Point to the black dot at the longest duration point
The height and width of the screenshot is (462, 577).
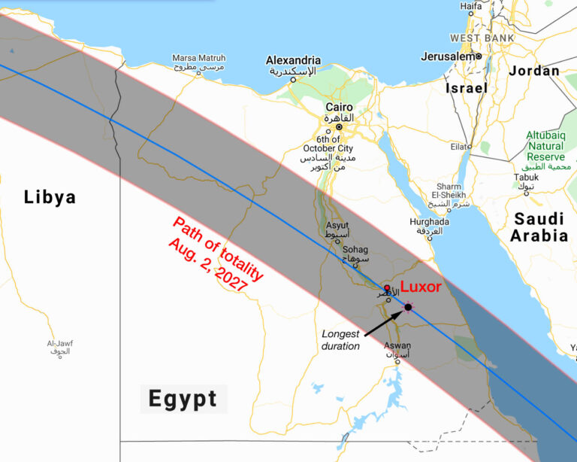408,306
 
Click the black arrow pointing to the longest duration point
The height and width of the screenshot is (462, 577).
383,320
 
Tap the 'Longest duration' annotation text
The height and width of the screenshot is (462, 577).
340,339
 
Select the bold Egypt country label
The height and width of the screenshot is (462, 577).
183,398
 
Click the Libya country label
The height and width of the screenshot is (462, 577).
50,197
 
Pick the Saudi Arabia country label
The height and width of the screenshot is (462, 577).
539,226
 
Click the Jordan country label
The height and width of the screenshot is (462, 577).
534,71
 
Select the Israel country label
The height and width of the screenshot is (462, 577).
467,88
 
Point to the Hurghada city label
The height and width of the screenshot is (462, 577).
429,222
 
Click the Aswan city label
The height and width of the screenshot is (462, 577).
397,346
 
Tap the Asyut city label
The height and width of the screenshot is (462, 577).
337,226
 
